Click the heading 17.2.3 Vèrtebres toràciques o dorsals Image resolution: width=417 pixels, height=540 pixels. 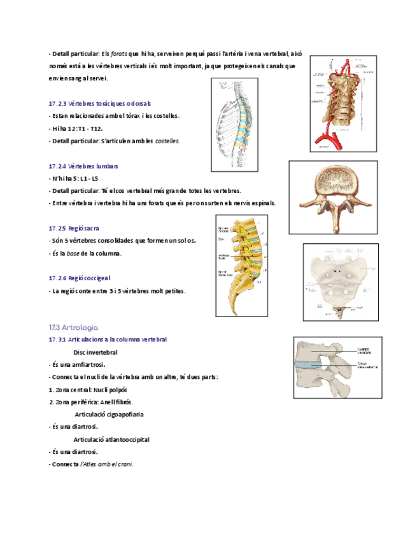tap(99, 103)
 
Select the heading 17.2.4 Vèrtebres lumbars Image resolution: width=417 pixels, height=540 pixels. tap(83, 166)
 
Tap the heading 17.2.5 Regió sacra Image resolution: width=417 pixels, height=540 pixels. tap(74, 228)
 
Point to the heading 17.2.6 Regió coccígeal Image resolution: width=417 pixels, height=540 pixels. tap(80, 278)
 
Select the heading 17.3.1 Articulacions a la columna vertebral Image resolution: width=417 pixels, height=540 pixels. tap(108, 340)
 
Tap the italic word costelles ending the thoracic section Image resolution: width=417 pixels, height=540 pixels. tap(167, 141)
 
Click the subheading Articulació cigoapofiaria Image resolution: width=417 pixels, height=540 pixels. tap(108, 415)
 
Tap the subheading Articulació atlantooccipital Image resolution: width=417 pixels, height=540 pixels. tap(111, 439)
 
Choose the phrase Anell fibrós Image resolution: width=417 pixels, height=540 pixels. tap(115, 402)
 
